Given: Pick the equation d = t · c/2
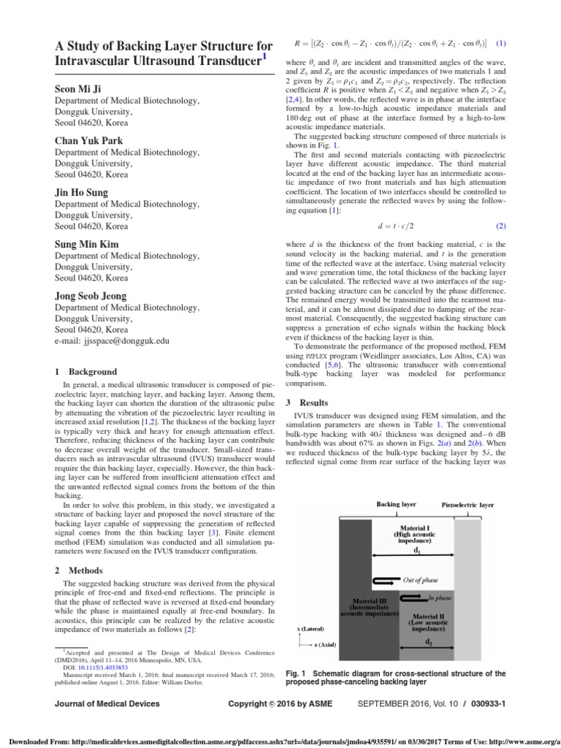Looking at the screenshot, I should (395, 226).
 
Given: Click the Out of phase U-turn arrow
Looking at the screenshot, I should (385, 581).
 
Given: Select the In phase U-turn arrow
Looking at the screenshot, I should (416, 598).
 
